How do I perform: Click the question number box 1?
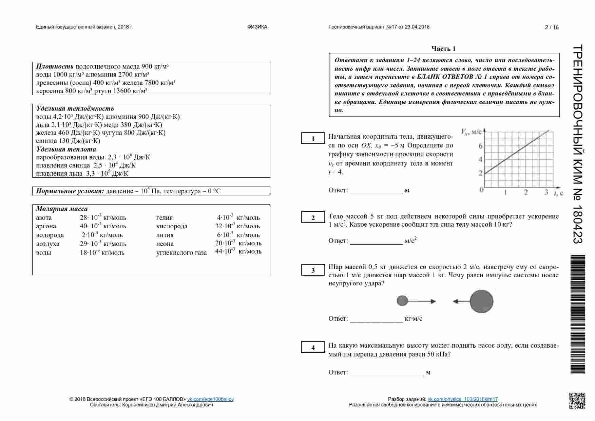click(x=313, y=139)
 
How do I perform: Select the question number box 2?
click(x=313, y=218)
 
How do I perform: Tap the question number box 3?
click(x=313, y=270)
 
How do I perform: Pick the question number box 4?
click(x=313, y=348)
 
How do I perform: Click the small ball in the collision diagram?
click(x=402, y=301)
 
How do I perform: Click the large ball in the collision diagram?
click(x=482, y=301)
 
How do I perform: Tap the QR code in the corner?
click(x=577, y=400)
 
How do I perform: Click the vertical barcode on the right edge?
click(x=578, y=314)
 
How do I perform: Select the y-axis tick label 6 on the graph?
click(x=480, y=146)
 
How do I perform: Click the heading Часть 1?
click(x=443, y=49)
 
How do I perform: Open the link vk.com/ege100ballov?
click(x=210, y=399)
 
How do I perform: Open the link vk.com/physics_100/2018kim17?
click(x=463, y=399)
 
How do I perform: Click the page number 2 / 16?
click(x=552, y=28)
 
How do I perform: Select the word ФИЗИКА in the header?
click(x=257, y=27)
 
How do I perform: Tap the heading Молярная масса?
click(x=62, y=209)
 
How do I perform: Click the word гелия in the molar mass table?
click(x=165, y=218)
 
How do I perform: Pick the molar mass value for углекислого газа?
click(x=238, y=251)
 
